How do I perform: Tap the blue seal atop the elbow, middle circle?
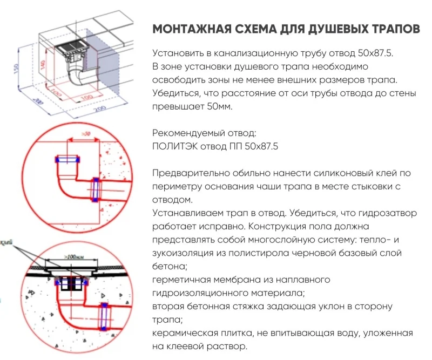[x=68, y=160]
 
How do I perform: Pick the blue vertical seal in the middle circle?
[x=96, y=189]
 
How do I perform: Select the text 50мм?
[x=219, y=107]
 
